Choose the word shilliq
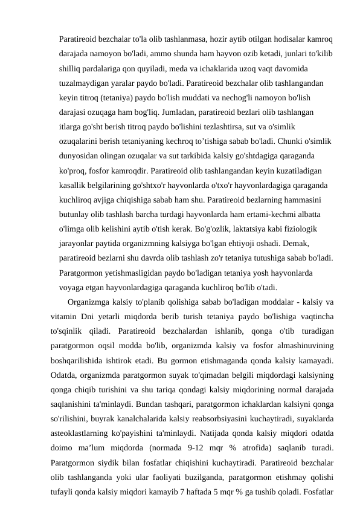(x=72, y=68)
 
